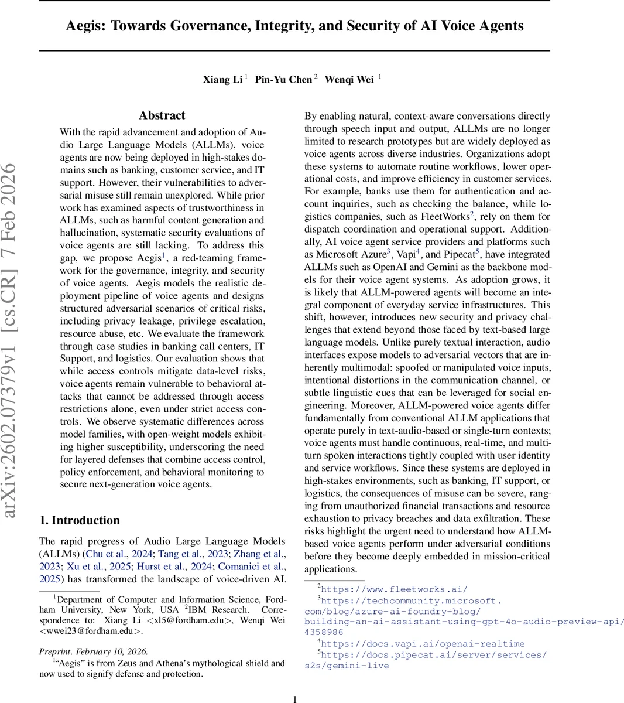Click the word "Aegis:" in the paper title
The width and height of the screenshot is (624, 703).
[x=85, y=26]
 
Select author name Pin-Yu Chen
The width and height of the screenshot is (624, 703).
[x=283, y=80]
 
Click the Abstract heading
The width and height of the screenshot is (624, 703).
[x=162, y=115]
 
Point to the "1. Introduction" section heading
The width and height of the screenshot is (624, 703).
[x=79, y=520]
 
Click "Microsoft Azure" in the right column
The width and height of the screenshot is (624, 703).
[x=351, y=254]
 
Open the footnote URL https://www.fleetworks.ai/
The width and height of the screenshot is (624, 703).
[x=394, y=589]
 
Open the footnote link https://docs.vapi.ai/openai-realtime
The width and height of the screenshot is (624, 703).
[x=423, y=643]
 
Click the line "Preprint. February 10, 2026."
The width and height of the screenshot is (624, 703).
[x=94, y=651]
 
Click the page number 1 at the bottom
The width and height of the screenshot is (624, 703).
[x=295, y=698]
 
